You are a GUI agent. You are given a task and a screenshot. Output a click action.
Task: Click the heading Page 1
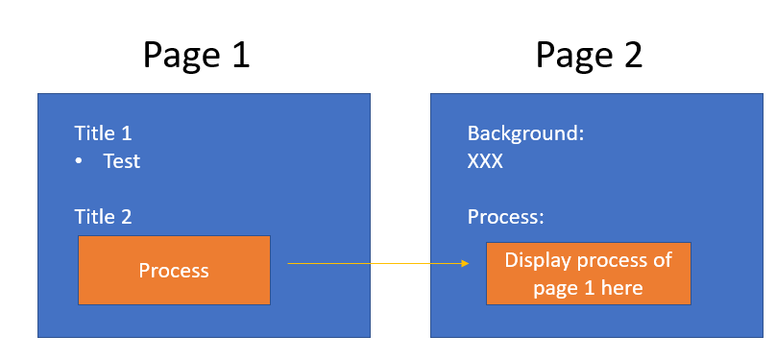pos(197,56)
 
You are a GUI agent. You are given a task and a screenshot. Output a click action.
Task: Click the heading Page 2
pos(589,56)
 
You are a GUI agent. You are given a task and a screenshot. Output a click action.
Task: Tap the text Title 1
pos(103,133)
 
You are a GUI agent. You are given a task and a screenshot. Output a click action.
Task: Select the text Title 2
pos(103,217)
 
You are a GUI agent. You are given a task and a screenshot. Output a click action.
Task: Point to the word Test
pos(122,161)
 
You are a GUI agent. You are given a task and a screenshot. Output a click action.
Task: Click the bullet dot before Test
pos(79,161)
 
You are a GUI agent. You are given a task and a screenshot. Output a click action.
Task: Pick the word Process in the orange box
pos(174,271)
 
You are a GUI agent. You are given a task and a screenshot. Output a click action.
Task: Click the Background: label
pos(526,133)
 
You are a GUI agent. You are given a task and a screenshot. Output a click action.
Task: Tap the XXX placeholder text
pos(485,161)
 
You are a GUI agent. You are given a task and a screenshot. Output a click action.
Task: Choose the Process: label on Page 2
pos(506,217)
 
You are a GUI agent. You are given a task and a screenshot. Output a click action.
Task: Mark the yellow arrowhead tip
pos(469,264)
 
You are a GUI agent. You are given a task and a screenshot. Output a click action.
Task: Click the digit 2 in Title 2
pos(126,217)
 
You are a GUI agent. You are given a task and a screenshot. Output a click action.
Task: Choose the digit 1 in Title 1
pos(126,133)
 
